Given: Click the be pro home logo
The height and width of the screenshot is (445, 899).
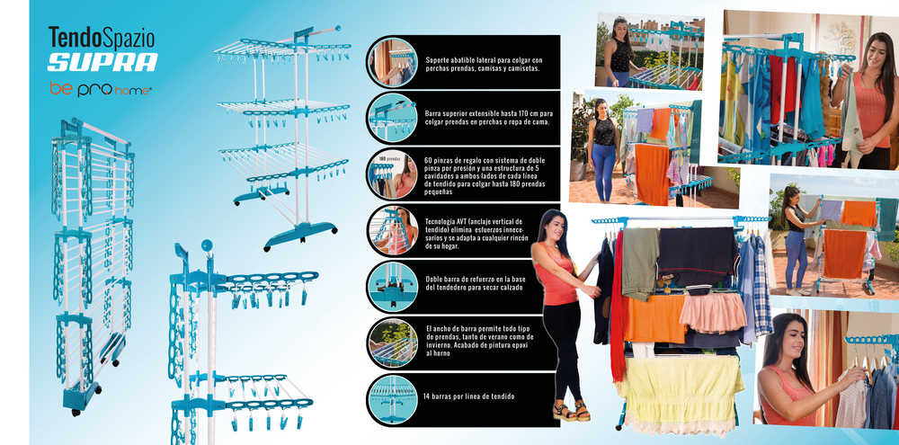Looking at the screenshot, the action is coord(101,89).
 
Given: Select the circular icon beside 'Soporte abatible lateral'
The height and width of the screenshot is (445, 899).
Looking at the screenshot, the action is coord(393,62).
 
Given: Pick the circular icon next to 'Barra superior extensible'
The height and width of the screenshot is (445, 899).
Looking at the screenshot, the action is coord(393,118).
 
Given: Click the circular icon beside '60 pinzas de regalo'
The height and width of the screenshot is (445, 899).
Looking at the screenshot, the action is coord(393,174).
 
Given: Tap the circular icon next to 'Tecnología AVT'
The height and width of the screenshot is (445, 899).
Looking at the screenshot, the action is coord(393,230).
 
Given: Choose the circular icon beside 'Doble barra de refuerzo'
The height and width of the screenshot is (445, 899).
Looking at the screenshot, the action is coord(393,287).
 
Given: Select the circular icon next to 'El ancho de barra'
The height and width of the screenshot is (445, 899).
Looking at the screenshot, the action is coord(393,343).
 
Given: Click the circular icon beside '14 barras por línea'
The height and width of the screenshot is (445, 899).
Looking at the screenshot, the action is coord(393,399).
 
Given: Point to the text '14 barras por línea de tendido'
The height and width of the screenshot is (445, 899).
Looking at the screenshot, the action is coord(470,396).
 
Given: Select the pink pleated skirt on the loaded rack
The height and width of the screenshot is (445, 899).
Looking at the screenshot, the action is coord(713,312).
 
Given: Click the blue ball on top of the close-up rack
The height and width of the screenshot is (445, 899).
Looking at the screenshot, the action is coord(207,246).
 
